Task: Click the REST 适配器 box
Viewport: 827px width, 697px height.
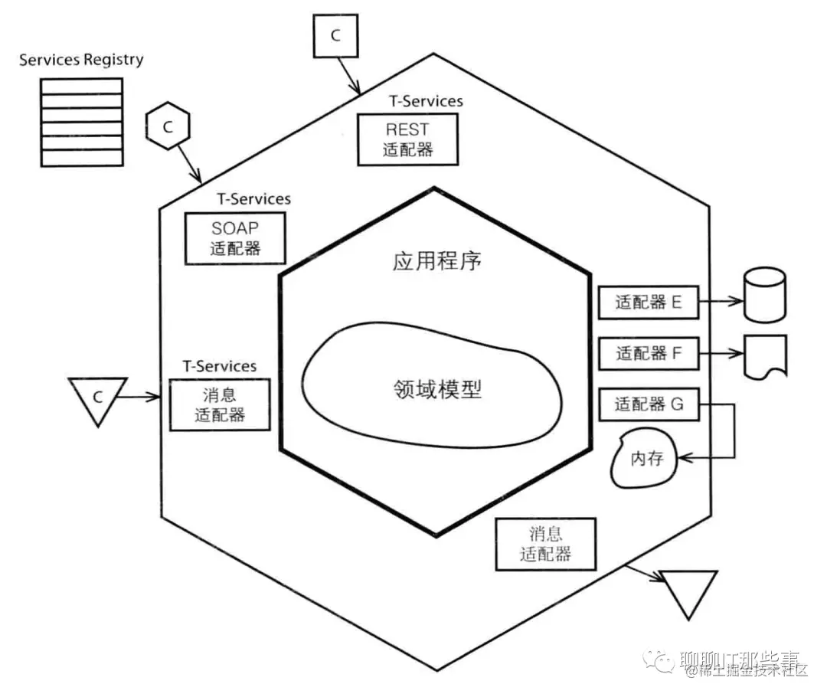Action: (407, 139)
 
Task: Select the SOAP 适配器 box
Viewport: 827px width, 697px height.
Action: (235, 238)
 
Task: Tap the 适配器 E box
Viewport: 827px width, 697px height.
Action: (648, 303)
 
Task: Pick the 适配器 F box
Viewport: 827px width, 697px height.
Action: (648, 354)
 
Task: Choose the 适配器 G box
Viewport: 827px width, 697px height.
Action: (648, 404)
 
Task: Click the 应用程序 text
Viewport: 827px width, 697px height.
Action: (436, 261)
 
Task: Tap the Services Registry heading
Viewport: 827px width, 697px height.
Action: (80, 60)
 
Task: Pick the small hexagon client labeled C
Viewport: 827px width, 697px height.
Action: (167, 126)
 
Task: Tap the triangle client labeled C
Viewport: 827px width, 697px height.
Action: (97, 399)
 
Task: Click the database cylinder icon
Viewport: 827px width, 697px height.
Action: (764, 299)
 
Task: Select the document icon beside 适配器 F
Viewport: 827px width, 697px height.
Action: (765, 356)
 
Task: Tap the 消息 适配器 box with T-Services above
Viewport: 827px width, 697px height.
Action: (220, 406)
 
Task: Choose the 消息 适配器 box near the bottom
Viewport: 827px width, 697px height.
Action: (545, 543)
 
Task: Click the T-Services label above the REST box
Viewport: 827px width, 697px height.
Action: (426, 100)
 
